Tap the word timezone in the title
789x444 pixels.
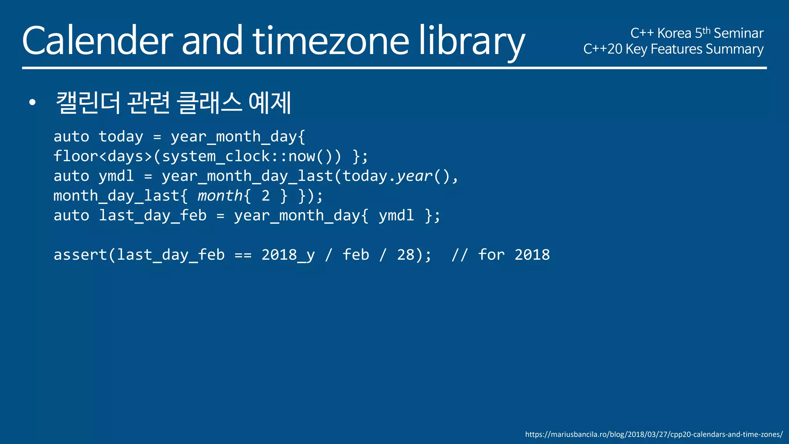331,41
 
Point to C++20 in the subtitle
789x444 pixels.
603,49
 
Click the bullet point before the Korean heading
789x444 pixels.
32,103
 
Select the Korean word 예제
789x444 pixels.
270,103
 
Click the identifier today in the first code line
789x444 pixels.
121,137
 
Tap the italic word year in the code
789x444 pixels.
415,176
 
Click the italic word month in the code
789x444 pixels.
220,196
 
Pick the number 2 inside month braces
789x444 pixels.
265,196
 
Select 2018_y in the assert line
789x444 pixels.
288,255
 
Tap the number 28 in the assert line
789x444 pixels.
406,255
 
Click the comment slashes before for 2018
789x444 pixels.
460,255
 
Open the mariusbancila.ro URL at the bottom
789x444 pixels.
654,434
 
